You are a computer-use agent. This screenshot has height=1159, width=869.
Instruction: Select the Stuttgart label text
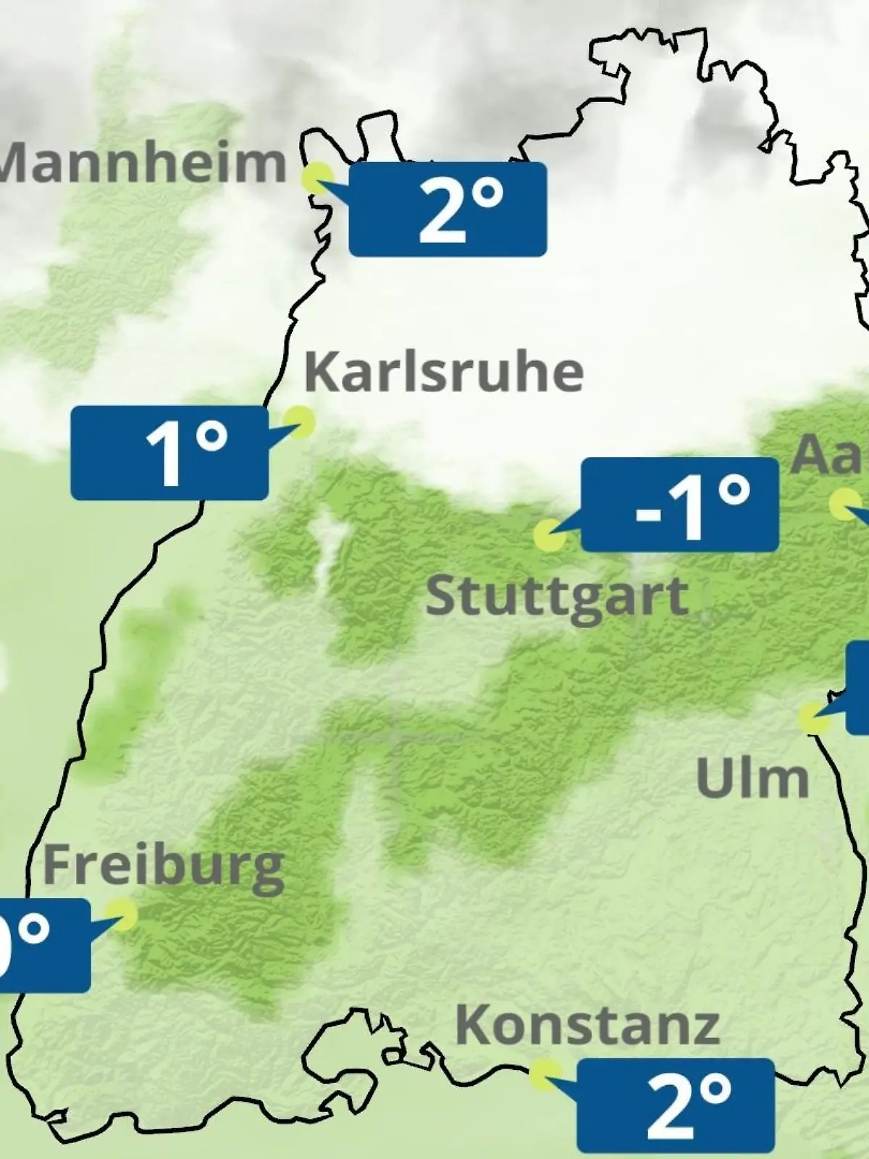[556, 598]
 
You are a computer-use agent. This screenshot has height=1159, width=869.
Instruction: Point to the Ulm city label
[752, 779]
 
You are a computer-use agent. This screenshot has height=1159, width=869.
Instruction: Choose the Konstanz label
[587, 1025]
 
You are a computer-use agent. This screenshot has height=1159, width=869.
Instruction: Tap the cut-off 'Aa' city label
[828, 454]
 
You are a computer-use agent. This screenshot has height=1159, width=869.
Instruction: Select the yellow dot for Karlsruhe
[298, 420]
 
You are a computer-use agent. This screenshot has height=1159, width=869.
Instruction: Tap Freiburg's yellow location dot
[122, 915]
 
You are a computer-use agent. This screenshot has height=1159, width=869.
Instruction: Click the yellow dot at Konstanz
[545, 1074]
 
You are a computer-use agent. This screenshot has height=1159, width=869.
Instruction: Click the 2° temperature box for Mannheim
[448, 209]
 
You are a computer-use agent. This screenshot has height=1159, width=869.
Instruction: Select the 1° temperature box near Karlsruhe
[169, 453]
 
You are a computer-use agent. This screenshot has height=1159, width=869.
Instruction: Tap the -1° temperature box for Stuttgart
[680, 505]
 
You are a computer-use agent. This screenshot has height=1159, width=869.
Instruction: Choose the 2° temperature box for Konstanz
[676, 1105]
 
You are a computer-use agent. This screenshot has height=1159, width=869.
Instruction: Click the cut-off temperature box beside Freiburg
[43, 945]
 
